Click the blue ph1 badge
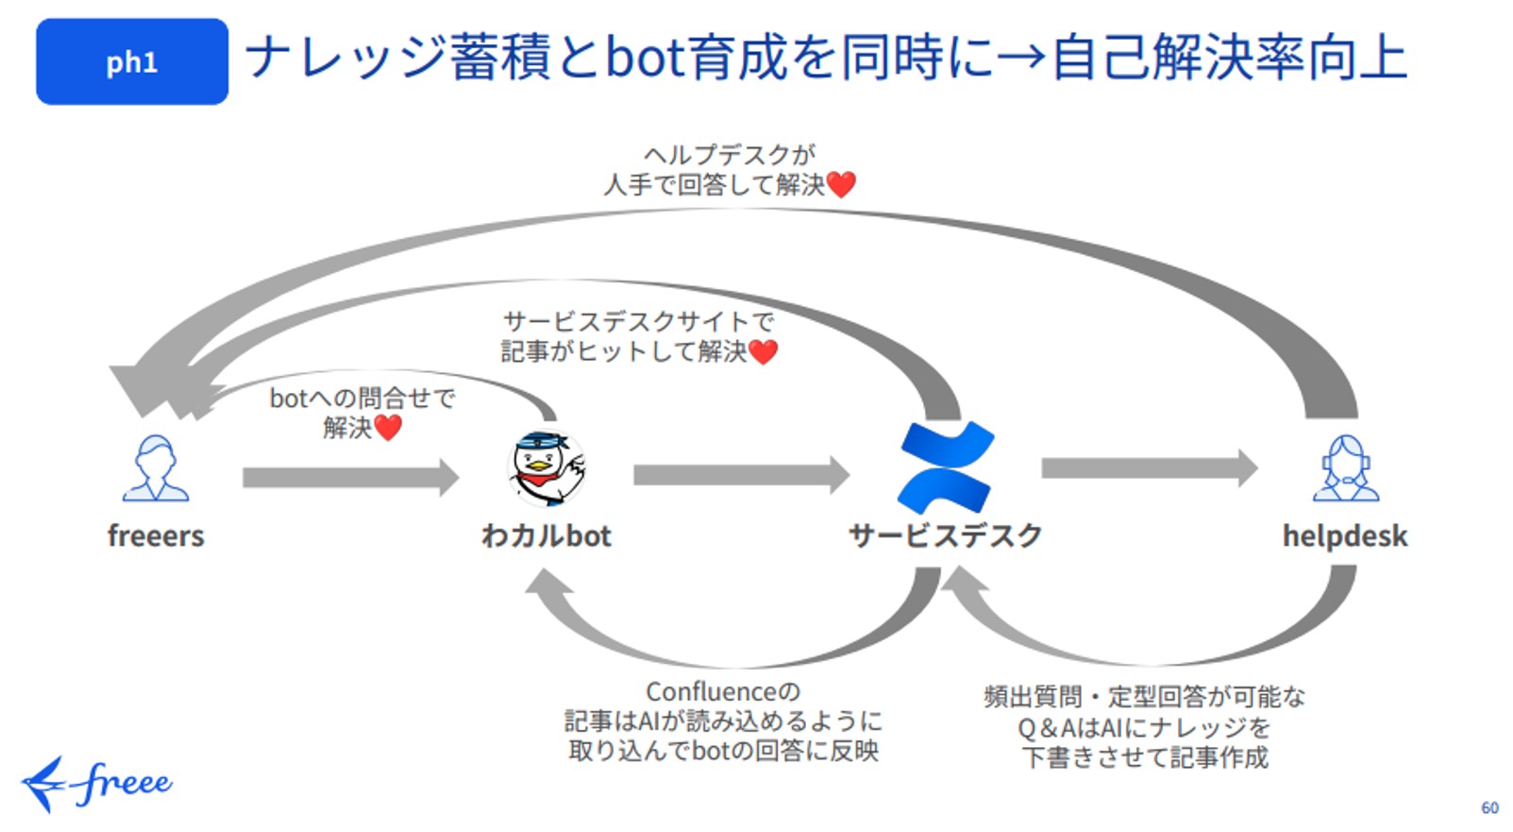(132, 61)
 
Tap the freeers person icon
(156, 468)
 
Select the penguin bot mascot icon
(546, 468)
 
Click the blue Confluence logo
(946, 467)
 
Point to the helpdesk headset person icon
(1346, 468)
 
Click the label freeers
(156, 535)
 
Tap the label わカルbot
(546, 535)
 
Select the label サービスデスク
(946, 535)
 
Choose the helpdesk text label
(1345, 535)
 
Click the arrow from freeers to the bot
(350, 477)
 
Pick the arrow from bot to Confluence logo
(741, 474)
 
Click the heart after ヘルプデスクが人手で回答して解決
(841, 184)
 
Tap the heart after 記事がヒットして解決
(763, 352)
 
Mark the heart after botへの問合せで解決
(388, 428)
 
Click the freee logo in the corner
(97, 784)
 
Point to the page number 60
(1489, 807)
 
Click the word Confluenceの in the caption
(723, 692)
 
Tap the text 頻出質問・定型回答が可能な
(1144, 697)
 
